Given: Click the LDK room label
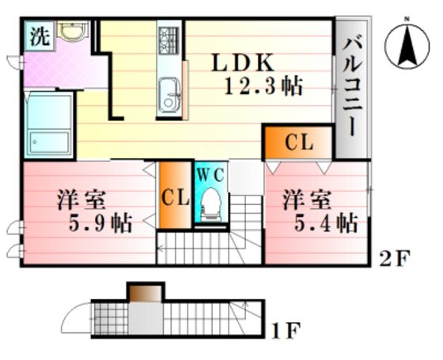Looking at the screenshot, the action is tap(243, 63).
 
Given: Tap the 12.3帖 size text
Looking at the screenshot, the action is tap(263, 85).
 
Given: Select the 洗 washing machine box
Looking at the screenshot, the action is tap(40, 36).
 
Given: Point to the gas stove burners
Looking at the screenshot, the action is tap(168, 40).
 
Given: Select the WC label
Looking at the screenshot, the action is tap(210, 175).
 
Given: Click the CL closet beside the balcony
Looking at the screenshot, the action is tap(299, 142).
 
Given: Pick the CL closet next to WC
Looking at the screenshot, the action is tap(175, 195).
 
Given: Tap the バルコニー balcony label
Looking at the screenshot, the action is tap(351, 87).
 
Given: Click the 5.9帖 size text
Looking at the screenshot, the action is tap(100, 223).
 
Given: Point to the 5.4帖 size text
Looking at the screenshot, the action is tap(326, 222).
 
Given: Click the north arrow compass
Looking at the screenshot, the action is tap(407, 46).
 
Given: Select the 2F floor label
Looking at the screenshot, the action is tap(394, 258).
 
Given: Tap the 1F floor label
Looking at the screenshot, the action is tap(285, 332).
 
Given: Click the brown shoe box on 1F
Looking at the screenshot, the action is tap(146, 294).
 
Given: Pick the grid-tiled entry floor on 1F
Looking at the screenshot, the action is tap(111, 319).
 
